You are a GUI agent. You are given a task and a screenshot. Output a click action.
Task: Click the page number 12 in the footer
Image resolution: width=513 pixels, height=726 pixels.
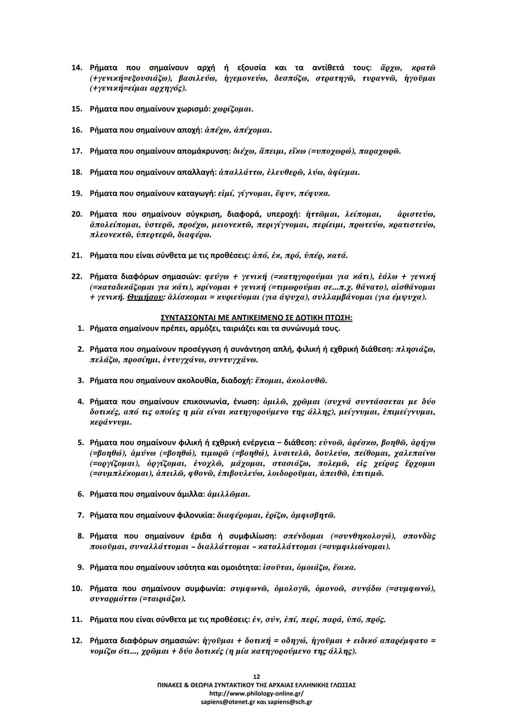click(256, 677)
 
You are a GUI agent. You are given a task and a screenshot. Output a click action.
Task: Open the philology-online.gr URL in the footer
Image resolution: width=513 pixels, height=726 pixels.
click(256, 693)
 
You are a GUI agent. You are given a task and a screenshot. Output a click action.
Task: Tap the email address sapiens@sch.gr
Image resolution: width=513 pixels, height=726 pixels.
click(290, 702)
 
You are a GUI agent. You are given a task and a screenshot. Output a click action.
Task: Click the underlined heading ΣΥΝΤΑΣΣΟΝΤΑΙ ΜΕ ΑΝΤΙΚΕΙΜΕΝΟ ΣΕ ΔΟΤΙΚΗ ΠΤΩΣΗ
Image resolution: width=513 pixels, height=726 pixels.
click(256, 317)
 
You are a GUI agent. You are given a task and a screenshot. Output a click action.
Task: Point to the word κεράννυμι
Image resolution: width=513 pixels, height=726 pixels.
click(111, 422)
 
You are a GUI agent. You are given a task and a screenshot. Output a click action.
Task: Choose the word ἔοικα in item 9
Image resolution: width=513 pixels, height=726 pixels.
click(344, 567)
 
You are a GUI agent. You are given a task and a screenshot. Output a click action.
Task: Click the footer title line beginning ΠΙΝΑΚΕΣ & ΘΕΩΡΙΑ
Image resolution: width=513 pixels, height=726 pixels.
click(256, 685)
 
